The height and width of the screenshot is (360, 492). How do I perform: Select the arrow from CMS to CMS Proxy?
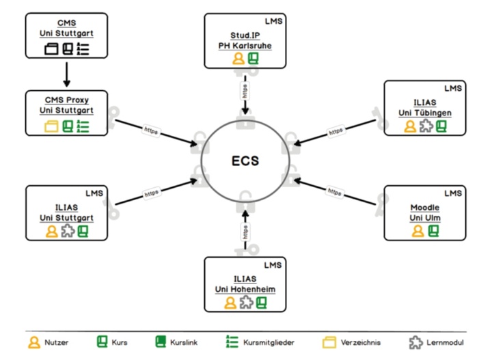tap(67, 74)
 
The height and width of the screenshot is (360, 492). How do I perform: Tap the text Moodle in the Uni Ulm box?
tap(425, 207)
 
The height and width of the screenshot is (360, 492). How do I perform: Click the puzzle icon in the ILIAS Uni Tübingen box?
tap(425, 126)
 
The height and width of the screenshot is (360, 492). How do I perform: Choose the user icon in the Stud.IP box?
tap(238, 59)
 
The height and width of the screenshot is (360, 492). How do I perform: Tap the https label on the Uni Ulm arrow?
tap(333, 191)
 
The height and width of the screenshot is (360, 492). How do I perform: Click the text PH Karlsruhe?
tap(245, 46)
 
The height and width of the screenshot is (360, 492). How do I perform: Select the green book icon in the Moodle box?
tap(433, 231)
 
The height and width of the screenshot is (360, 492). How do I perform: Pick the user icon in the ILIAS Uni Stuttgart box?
tap(51, 231)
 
